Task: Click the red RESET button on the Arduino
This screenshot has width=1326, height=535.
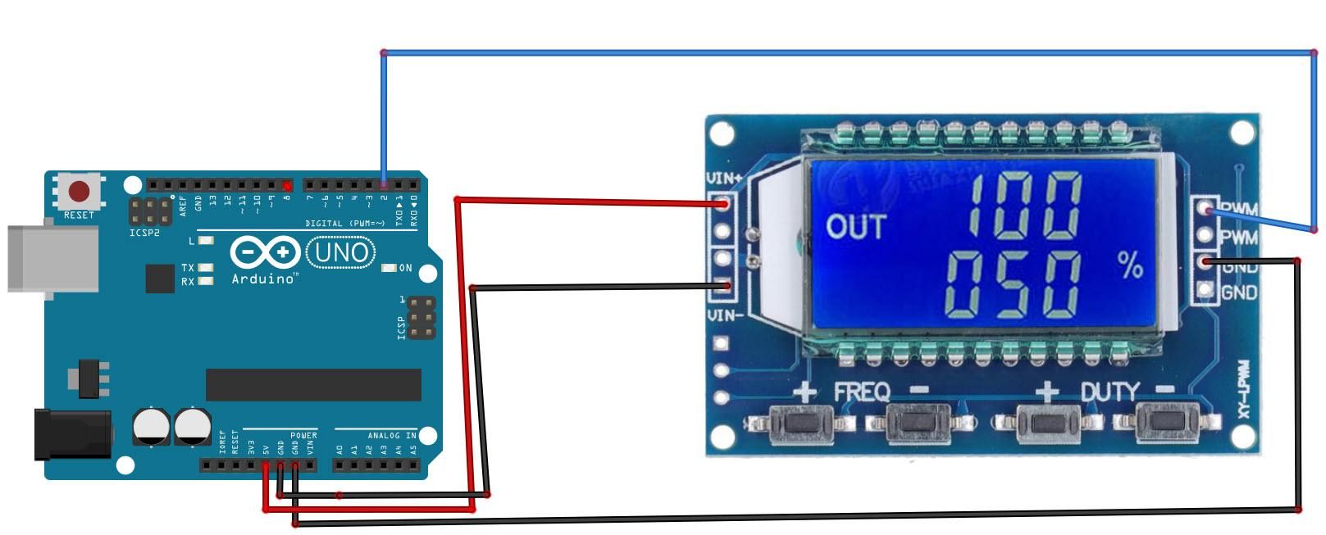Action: pos(79,192)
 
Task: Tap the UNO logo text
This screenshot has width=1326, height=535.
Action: pos(340,252)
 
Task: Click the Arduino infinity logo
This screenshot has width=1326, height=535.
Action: pos(265,252)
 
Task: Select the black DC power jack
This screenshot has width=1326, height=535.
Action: pos(72,434)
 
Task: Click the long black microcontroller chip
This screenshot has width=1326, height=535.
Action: pos(313,384)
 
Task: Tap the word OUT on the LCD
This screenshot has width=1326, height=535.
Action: pos(855,226)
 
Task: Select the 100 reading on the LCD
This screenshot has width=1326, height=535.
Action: pos(1023,206)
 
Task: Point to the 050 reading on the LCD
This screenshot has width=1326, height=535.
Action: pos(1013,284)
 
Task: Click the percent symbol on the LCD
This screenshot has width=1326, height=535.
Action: pos(1130,265)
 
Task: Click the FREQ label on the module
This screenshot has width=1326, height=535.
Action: pos(861,392)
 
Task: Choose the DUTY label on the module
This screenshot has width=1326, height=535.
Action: pos(1109,392)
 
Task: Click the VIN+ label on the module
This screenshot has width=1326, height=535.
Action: pos(724,178)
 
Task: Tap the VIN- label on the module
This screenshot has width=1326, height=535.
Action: pos(725,315)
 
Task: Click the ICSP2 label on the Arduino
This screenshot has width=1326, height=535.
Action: pos(144,233)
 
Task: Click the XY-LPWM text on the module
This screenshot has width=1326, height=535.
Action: pos(1243,390)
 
